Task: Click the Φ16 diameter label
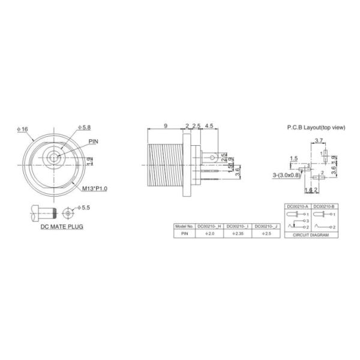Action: coord(23,129)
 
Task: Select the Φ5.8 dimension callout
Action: coord(85,128)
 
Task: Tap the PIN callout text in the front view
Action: coord(94,142)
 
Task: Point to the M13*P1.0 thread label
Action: coord(94,189)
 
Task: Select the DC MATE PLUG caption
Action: coord(62,227)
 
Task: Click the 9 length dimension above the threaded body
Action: coord(165,125)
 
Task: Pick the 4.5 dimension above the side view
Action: coord(209,125)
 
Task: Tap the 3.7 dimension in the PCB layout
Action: coord(319,140)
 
